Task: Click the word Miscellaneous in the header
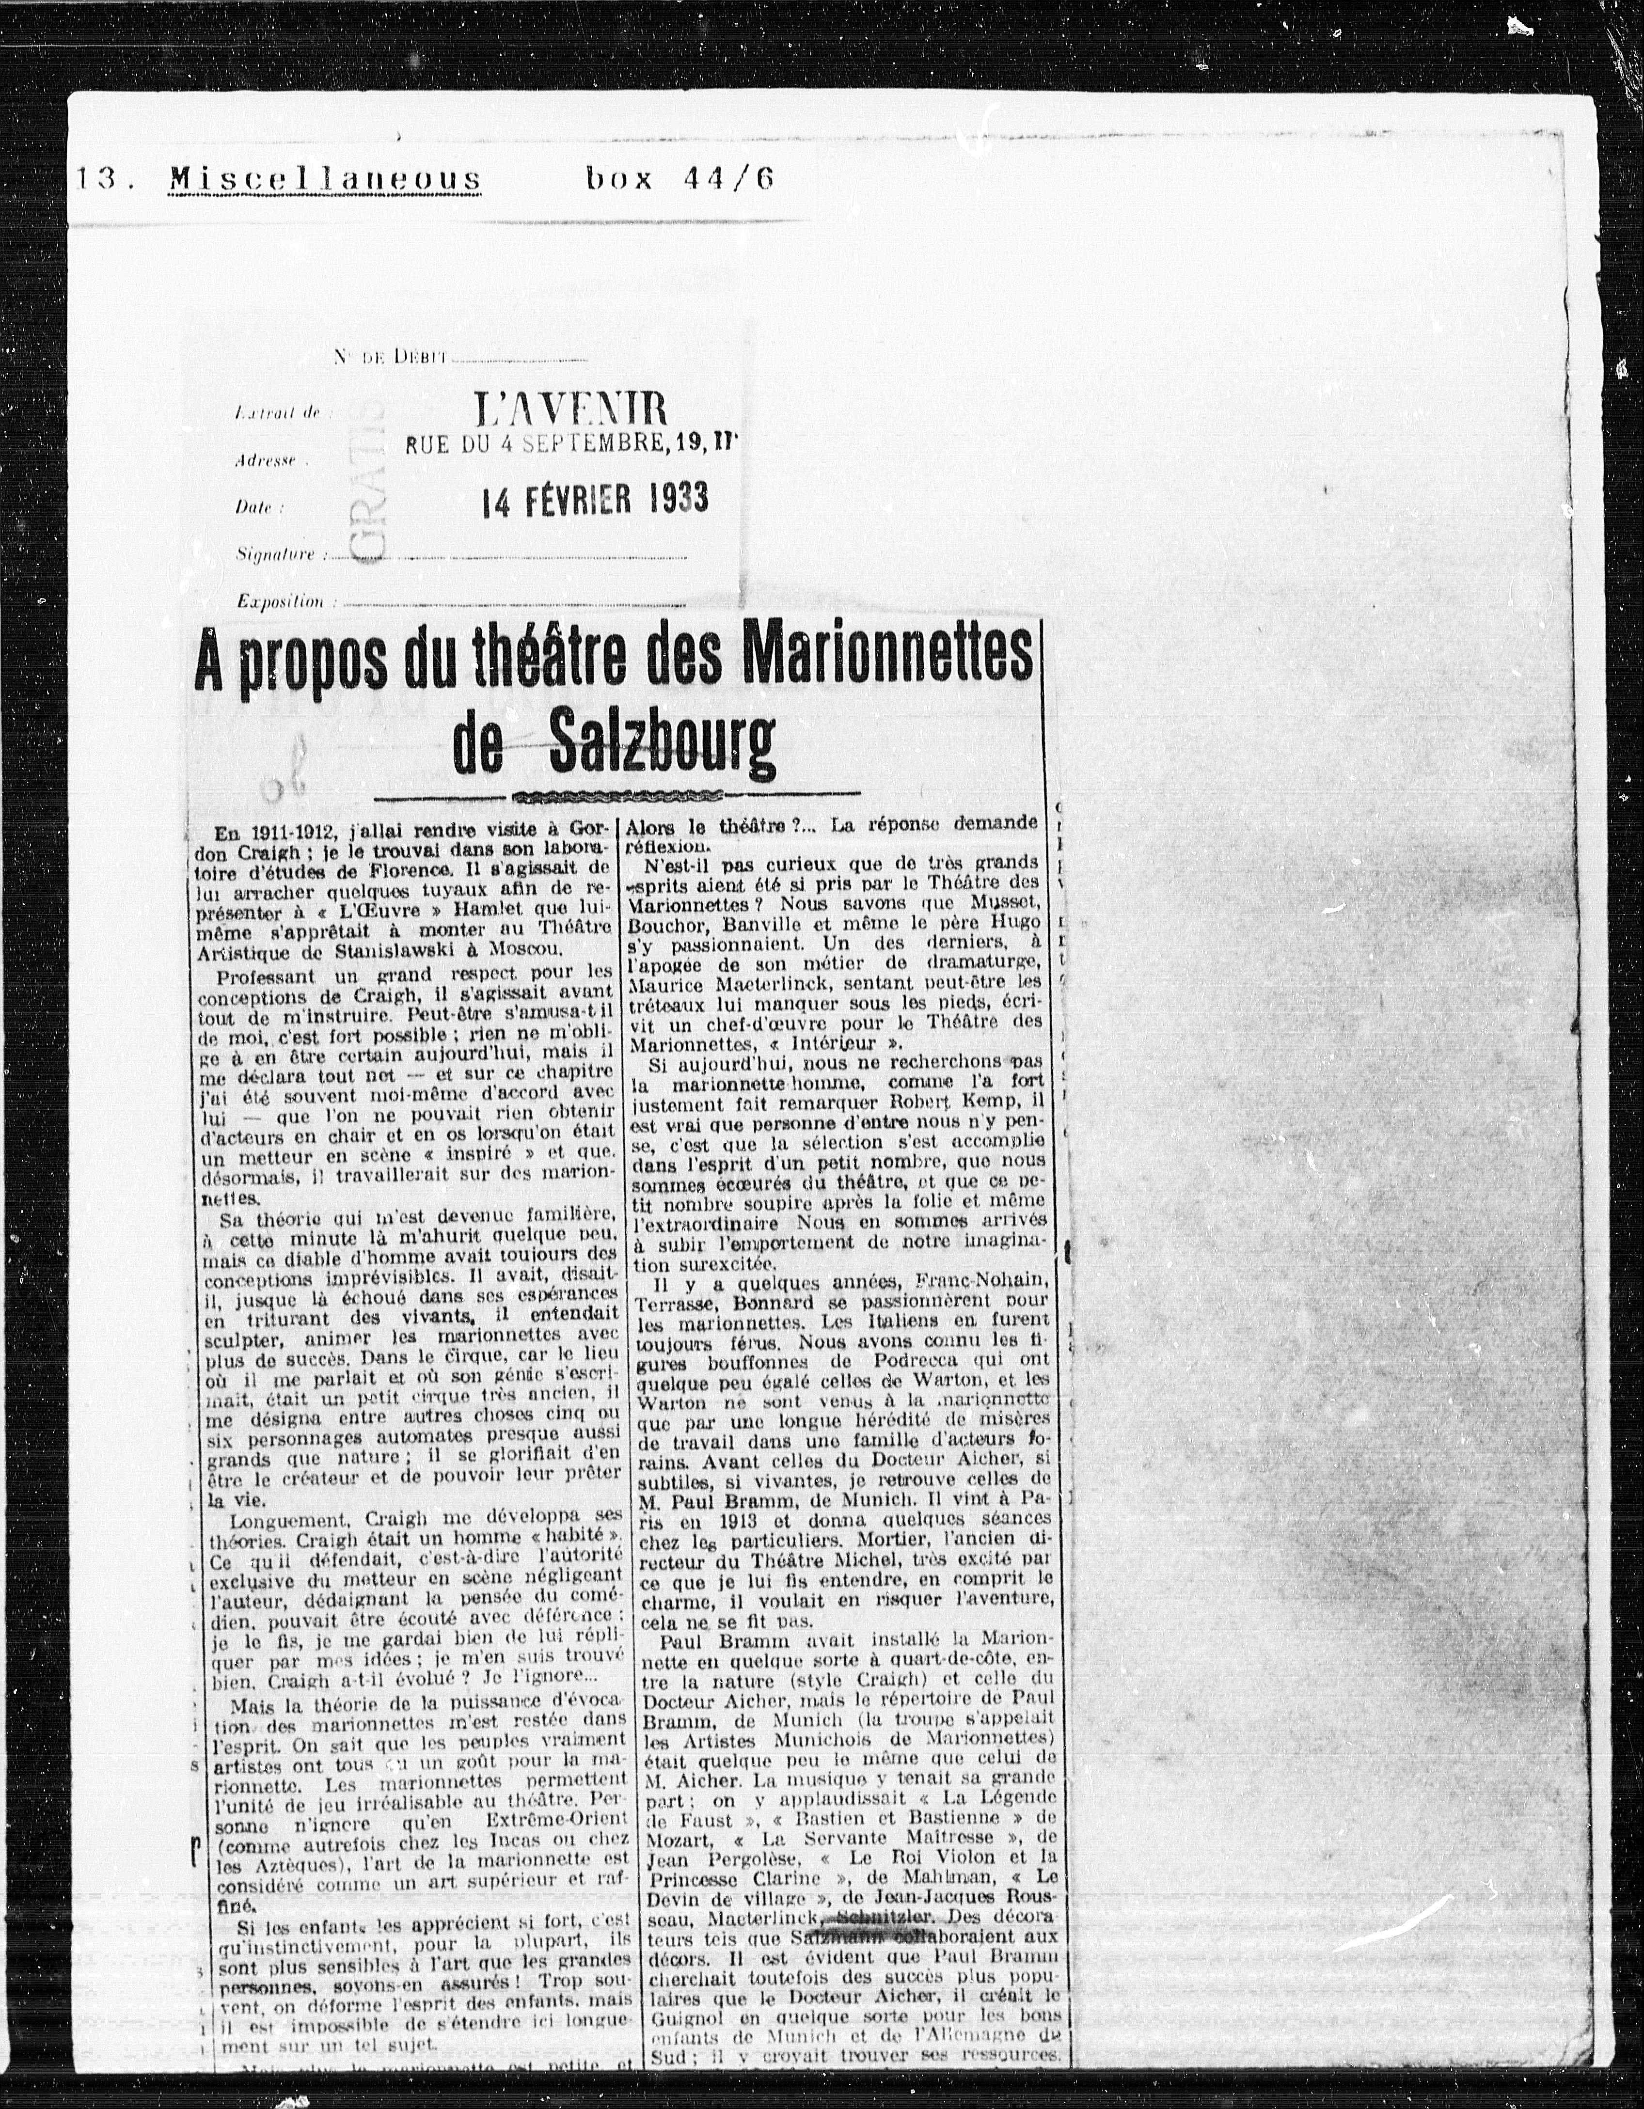[325, 180]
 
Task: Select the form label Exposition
[280, 601]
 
